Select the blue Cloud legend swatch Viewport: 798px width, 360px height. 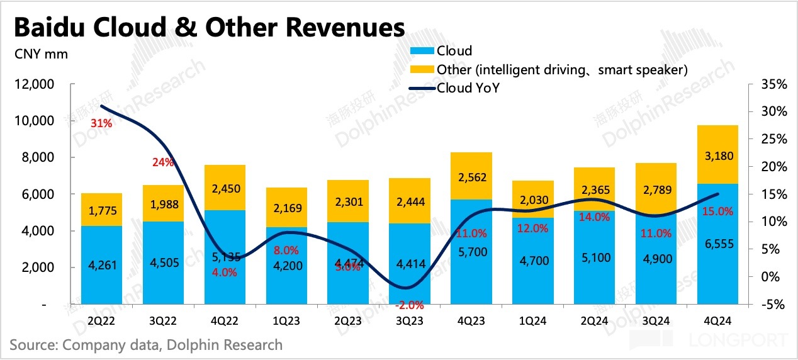click(x=422, y=51)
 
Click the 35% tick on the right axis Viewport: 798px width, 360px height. click(x=772, y=84)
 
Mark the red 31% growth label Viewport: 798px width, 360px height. click(x=101, y=124)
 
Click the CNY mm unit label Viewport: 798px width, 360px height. click(x=41, y=54)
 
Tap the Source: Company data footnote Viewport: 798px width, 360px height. click(x=146, y=345)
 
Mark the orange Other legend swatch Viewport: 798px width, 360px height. click(x=422, y=69)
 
